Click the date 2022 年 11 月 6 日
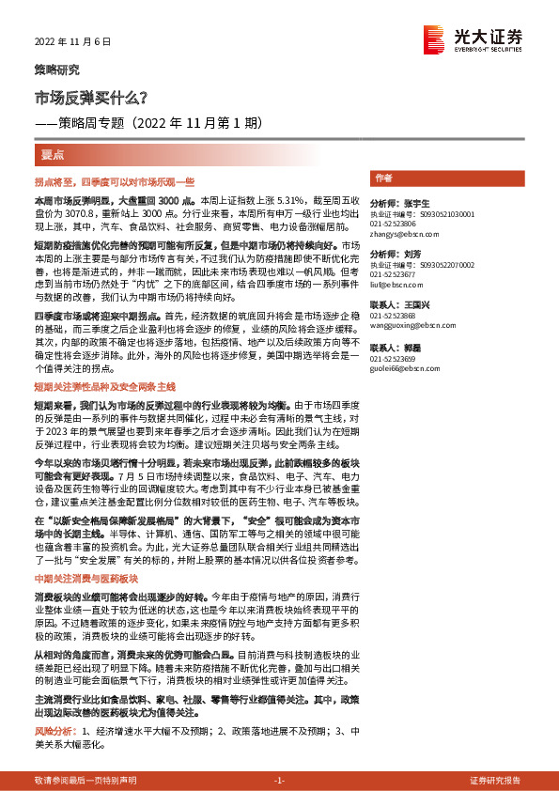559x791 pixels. tap(72, 41)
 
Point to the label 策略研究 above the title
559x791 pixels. tap(56, 70)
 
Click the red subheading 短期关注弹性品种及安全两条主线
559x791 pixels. tap(104, 386)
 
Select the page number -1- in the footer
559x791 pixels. tap(279, 780)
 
